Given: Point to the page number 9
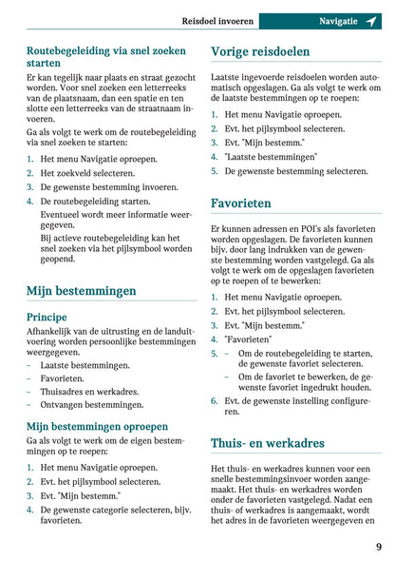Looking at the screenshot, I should click(378, 546).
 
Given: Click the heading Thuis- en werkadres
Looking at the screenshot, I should click(267, 442).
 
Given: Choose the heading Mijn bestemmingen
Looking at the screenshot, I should click(81, 290).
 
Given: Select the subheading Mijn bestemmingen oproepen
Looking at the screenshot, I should click(97, 427).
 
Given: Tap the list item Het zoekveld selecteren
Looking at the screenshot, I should click(87, 174).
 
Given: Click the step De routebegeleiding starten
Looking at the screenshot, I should click(95, 202).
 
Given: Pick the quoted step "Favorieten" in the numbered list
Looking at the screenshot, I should click(248, 339).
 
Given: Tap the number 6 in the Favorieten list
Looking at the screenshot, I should click(214, 401).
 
